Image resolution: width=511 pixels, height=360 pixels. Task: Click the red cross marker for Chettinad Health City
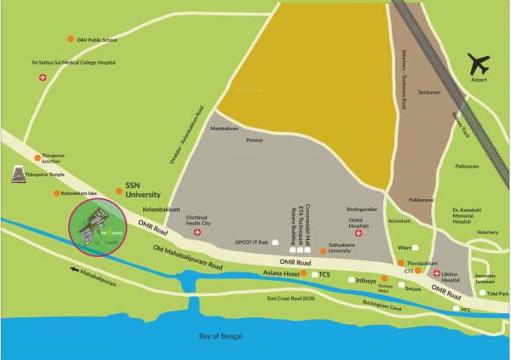[198, 231]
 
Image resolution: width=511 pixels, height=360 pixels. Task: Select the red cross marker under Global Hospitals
[358, 232]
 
